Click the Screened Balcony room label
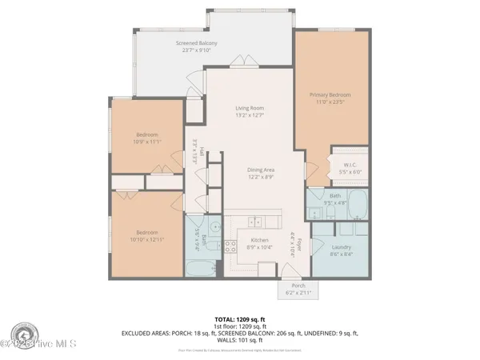(x=196, y=42)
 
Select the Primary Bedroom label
(x=330, y=94)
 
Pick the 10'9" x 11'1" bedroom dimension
(x=147, y=142)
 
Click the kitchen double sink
(x=255, y=222)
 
